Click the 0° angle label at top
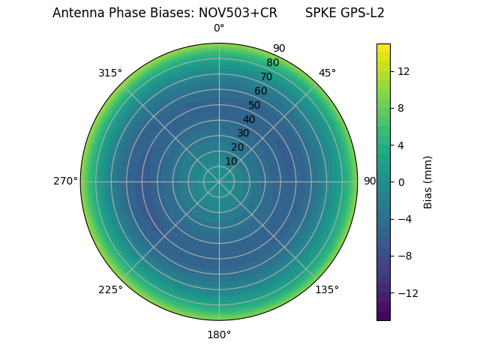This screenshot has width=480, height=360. pyautogui.click(x=219, y=28)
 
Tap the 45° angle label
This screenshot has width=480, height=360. pyautogui.click(x=327, y=73)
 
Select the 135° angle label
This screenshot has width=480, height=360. pyautogui.click(x=327, y=289)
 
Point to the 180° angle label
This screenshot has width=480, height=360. pyautogui.click(x=219, y=334)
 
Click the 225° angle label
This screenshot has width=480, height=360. pyautogui.click(x=110, y=289)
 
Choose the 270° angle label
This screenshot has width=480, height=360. pyautogui.click(x=65, y=181)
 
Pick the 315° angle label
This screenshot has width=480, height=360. pyautogui.click(x=110, y=73)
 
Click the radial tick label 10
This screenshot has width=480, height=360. pyautogui.click(x=231, y=161)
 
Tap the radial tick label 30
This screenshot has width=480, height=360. pyautogui.click(x=243, y=133)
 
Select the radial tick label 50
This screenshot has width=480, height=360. pyautogui.click(x=255, y=105)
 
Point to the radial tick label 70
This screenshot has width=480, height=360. pyautogui.click(x=266, y=76)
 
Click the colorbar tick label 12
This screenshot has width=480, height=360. pyautogui.click(x=403, y=71)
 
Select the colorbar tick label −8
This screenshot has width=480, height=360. pyautogui.click(x=403, y=256)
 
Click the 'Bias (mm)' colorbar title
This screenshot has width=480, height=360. pyautogui.click(x=428, y=181)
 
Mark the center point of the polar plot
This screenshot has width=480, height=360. pyautogui.click(x=219, y=181)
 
